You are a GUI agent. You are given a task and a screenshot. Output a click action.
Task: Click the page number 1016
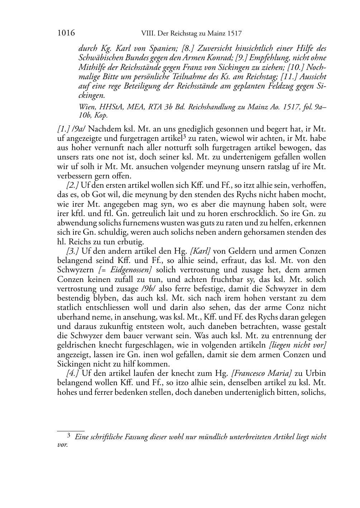click(66, 34)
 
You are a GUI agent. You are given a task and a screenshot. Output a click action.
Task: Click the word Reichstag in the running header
click(180, 34)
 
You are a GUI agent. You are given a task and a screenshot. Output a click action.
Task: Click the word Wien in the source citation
click(86, 107)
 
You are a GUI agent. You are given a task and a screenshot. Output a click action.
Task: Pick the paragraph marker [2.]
click(73, 186)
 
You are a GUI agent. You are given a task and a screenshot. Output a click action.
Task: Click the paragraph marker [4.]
click(73, 373)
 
